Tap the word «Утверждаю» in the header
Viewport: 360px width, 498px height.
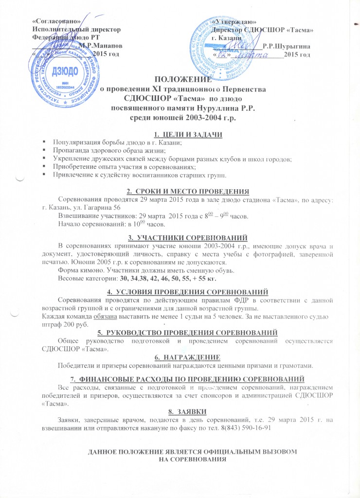pyautogui.click(x=235, y=22)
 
